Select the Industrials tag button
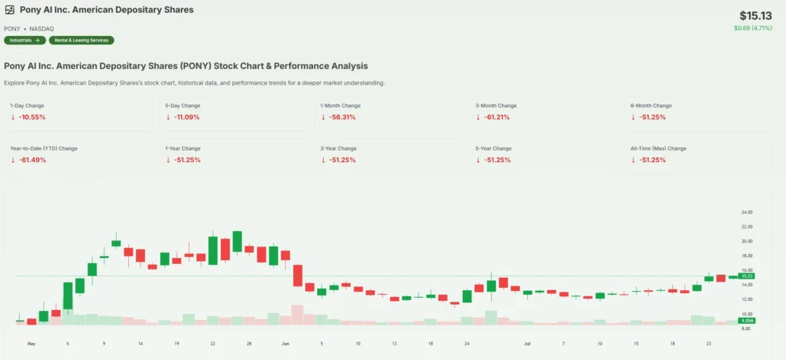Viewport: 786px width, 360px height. (x=24, y=40)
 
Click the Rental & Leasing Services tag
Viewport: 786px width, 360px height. (x=81, y=40)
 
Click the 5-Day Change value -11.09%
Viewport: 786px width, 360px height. (x=187, y=117)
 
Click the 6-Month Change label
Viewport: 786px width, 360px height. (x=651, y=105)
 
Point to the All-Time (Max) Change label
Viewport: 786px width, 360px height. (x=658, y=148)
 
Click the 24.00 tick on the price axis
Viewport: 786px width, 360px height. (x=746, y=212)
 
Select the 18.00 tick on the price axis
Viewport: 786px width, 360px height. (x=746, y=256)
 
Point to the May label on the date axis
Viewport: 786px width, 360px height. (x=31, y=344)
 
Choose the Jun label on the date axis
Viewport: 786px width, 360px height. (x=286, y=344)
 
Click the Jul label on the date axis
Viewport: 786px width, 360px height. (x=527, y=344)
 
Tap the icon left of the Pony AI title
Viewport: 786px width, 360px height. (x=10, y=10)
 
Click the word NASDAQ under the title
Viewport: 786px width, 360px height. (x=41, y=28)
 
